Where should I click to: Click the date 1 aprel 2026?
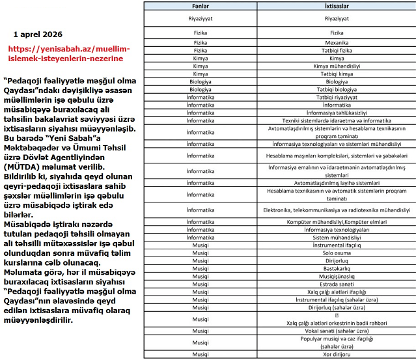click(47, 33)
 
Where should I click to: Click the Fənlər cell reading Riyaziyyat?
click(201, 19)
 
